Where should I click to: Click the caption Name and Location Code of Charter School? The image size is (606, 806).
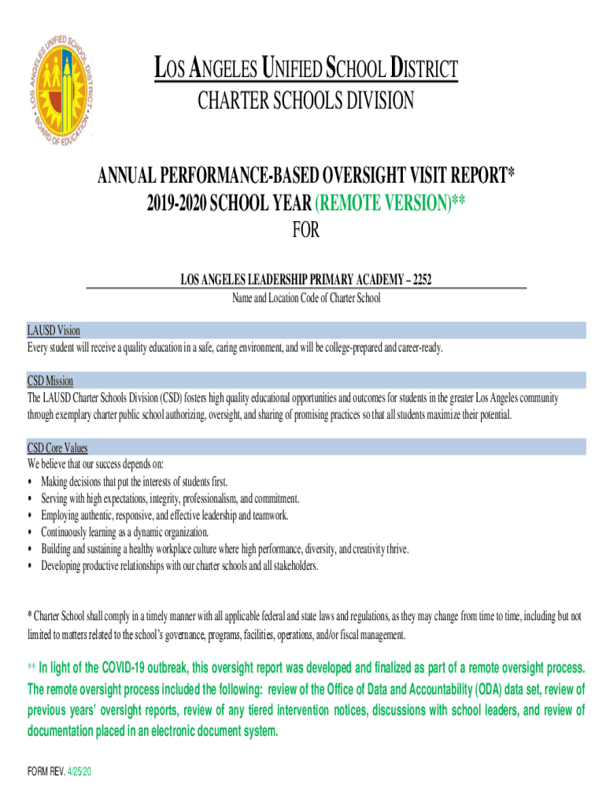pyautogui.click(x=305, y=298)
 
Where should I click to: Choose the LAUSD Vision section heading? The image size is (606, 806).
pyautogui.click(x=54, y=331)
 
